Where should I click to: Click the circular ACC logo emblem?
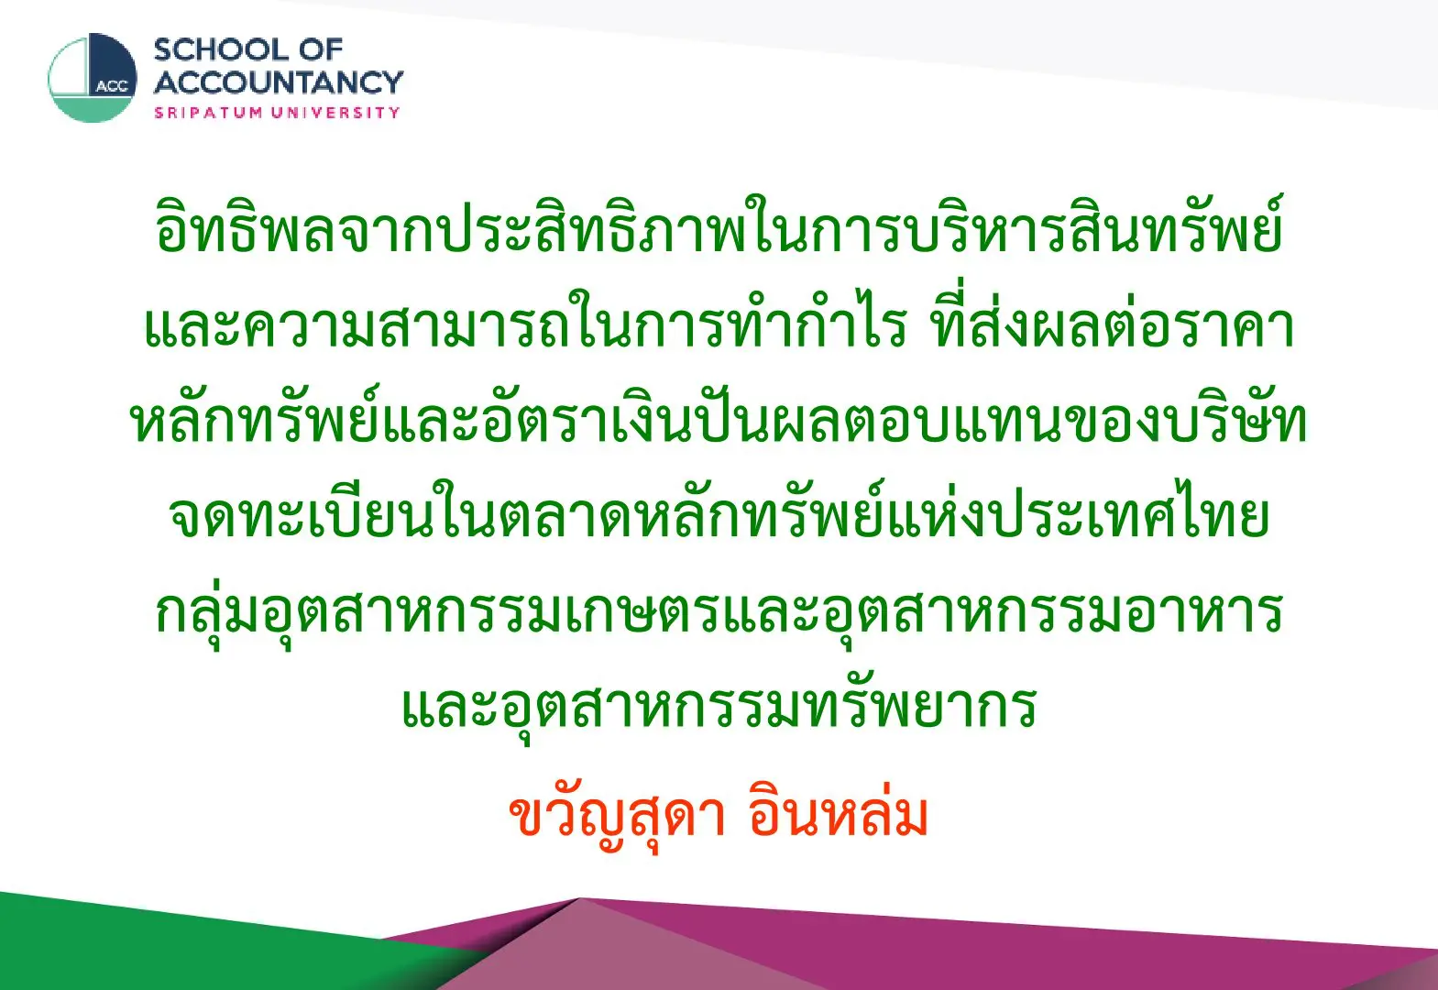tap(93, 78)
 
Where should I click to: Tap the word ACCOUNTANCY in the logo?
tap(279, 82)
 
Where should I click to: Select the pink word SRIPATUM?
tap(208, 113)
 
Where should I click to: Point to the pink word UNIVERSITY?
tap(335, 113)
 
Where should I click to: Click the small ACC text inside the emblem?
tap(112, 87)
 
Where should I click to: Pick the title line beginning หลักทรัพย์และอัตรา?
tap(719, 417)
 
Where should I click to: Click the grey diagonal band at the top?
tap(963, 38)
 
